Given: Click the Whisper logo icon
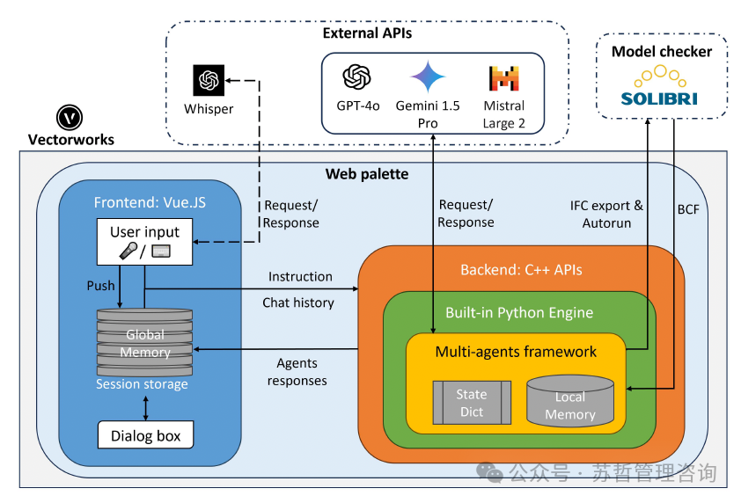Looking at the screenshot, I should (x=209, y=81).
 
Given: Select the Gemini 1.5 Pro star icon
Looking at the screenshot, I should (x=428, y=77).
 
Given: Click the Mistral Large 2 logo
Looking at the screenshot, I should (x=504, y=79).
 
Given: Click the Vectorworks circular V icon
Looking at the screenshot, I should (x=70, y=117).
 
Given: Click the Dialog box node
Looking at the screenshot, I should (x=145, y=435).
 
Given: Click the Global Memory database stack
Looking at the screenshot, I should (x=145, y=342).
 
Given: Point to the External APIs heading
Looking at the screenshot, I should (x=367, y=33).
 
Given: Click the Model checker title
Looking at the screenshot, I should (x=662, y=52).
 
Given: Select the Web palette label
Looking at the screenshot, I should (x=367, y=174).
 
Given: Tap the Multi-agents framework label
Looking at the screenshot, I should (x=516, y=352).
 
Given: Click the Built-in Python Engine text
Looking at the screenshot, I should (x=519, y=312).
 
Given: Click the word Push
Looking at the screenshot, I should (x=100, y=286).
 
